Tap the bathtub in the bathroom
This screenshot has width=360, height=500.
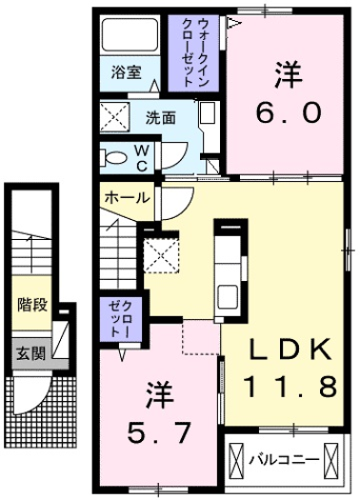coord(129,36)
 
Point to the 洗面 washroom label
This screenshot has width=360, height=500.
coord(160,119)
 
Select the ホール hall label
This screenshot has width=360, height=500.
coord(124,198)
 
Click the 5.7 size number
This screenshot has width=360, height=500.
coord(157,434)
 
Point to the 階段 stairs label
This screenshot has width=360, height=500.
coord(30,306)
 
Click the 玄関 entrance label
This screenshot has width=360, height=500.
coord(30,352)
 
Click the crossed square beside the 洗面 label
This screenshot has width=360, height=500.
coord(118,120)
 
